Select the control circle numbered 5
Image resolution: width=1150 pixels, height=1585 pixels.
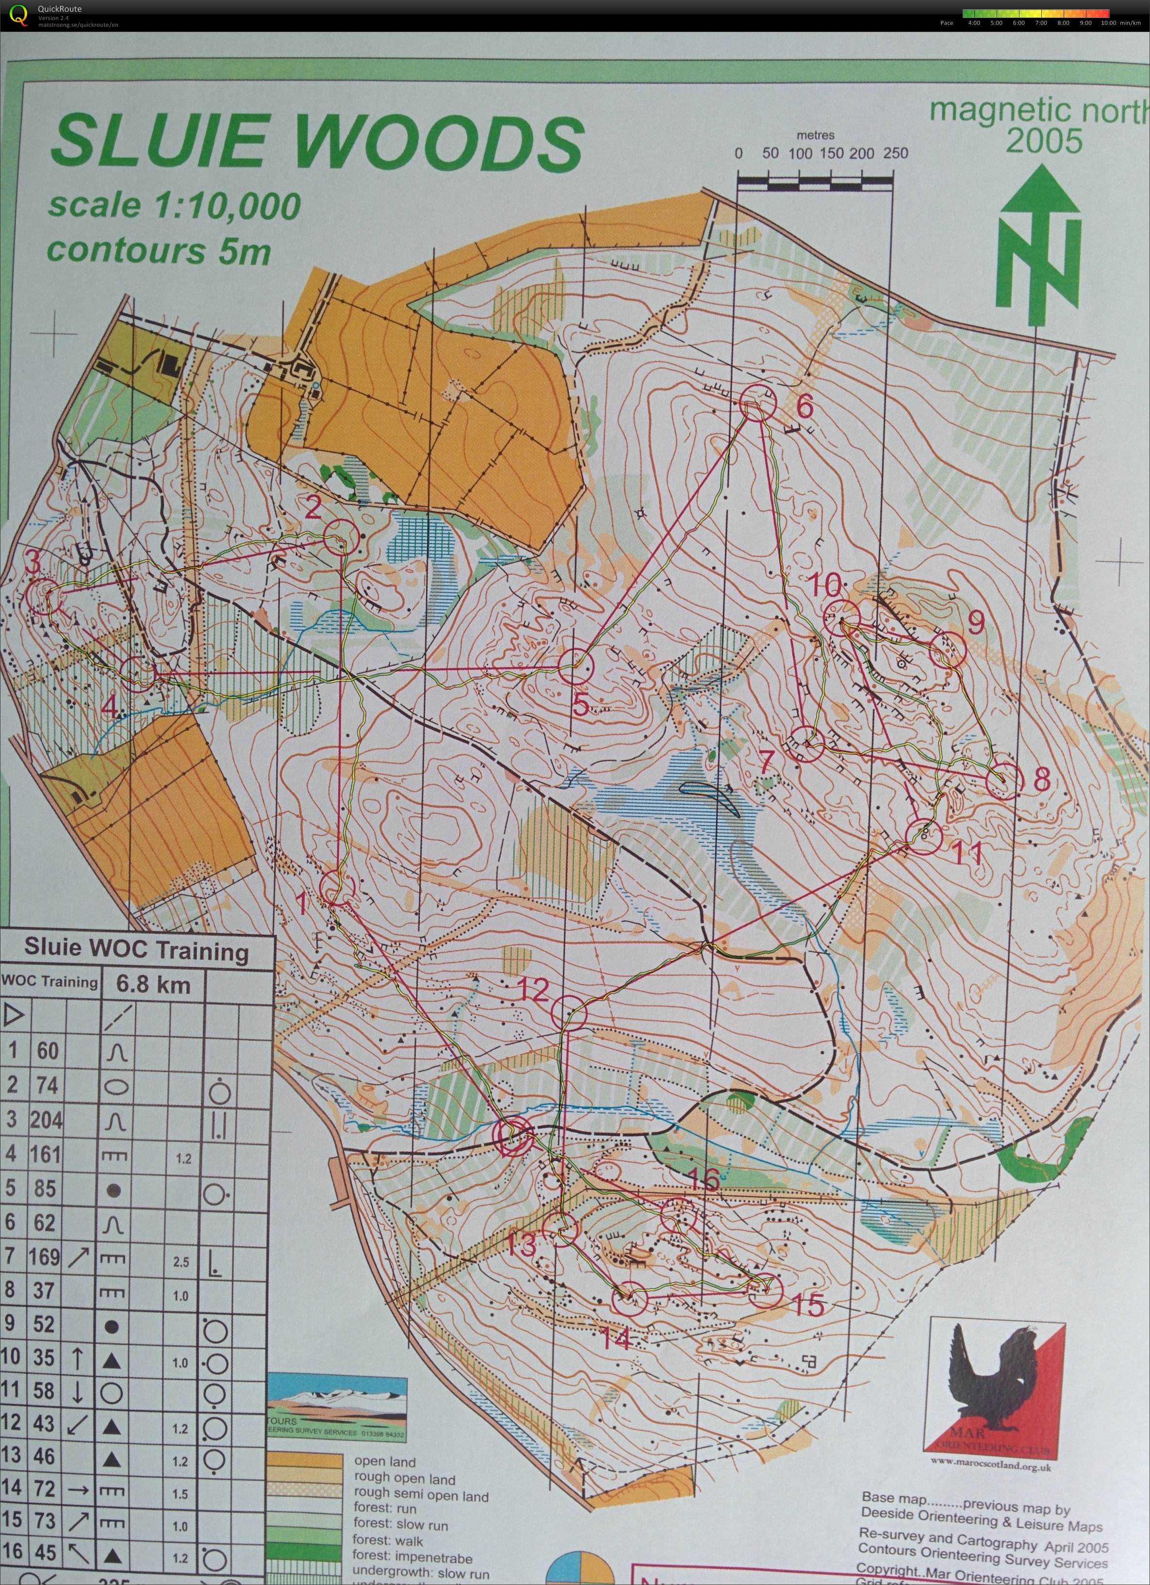click(575, 666)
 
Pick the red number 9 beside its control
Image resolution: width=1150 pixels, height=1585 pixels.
click(976, 621)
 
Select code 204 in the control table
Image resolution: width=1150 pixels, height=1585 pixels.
click(46, 1120)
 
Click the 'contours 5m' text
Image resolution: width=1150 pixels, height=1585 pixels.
click(159, 251)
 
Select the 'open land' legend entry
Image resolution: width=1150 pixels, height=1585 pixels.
click(384, 1461)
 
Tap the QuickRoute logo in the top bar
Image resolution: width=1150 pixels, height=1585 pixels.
click(19, 15)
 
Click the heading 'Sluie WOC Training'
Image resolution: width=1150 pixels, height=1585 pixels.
click(136, 950)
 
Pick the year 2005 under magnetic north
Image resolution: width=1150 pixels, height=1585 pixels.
click(1044, 142)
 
